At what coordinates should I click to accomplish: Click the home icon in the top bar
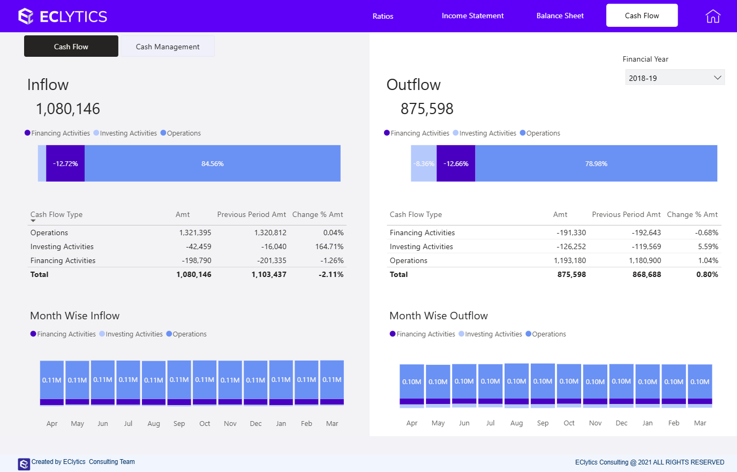point(713,16)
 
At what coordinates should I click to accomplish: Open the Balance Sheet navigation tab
point(560,16)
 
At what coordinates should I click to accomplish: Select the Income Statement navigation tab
point(472,16)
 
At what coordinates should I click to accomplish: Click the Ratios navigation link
point(383,16)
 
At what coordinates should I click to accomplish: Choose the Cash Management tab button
point(168,47)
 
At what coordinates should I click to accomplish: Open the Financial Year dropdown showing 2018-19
point(674,78)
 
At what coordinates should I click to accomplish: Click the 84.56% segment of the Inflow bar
point(213,163)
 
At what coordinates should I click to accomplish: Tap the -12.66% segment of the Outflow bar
point(456,163)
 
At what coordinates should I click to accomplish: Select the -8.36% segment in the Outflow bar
point(424,163)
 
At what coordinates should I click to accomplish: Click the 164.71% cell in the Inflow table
point(329,246)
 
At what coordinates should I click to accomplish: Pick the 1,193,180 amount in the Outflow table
point(570,260)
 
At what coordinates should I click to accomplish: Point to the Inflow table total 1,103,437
point(269,274)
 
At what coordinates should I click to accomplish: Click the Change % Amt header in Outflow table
point(692,214)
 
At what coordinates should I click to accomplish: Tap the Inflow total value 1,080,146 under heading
point(68,109)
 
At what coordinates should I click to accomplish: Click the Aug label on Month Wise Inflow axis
point(154,423)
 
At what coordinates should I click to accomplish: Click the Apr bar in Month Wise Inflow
point(52,381)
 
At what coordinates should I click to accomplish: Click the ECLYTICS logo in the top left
point(63,16)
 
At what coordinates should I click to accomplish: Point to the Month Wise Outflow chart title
point(439,316)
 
